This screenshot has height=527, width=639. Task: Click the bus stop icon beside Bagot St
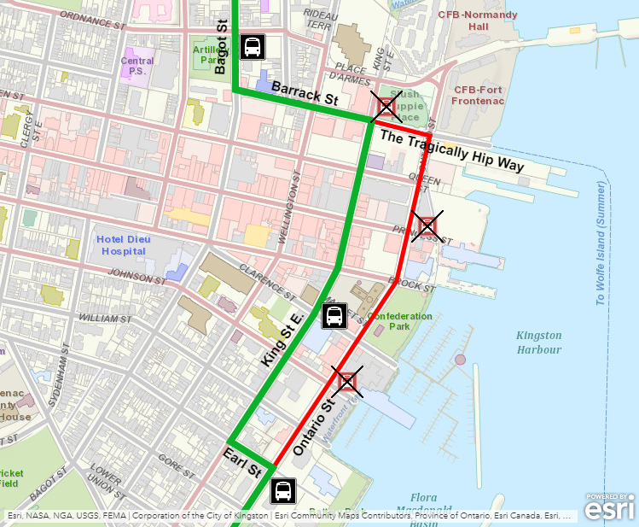tap(253, 47)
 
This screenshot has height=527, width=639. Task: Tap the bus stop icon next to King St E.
tap(334, 316)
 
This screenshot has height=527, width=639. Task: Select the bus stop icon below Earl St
tap(283, 492)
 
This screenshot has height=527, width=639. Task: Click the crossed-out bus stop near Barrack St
tap(386, 107)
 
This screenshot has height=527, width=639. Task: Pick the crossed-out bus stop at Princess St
tap(427, 225)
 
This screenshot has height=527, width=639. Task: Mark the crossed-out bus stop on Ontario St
tap(346, 381)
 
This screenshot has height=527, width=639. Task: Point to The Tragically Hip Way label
tap(451, 151)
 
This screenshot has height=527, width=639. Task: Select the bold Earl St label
tap(242, 461)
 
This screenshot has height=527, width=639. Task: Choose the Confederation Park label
tap(400, 320)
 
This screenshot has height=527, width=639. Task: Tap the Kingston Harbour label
tap(538, 343)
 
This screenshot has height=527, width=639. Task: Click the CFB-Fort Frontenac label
tap(479, 95)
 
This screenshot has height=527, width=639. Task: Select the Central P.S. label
tap(137, 66)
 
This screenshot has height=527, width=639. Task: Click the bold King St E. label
tap(283, 341)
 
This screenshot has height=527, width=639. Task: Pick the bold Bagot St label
tap(220, 49)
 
